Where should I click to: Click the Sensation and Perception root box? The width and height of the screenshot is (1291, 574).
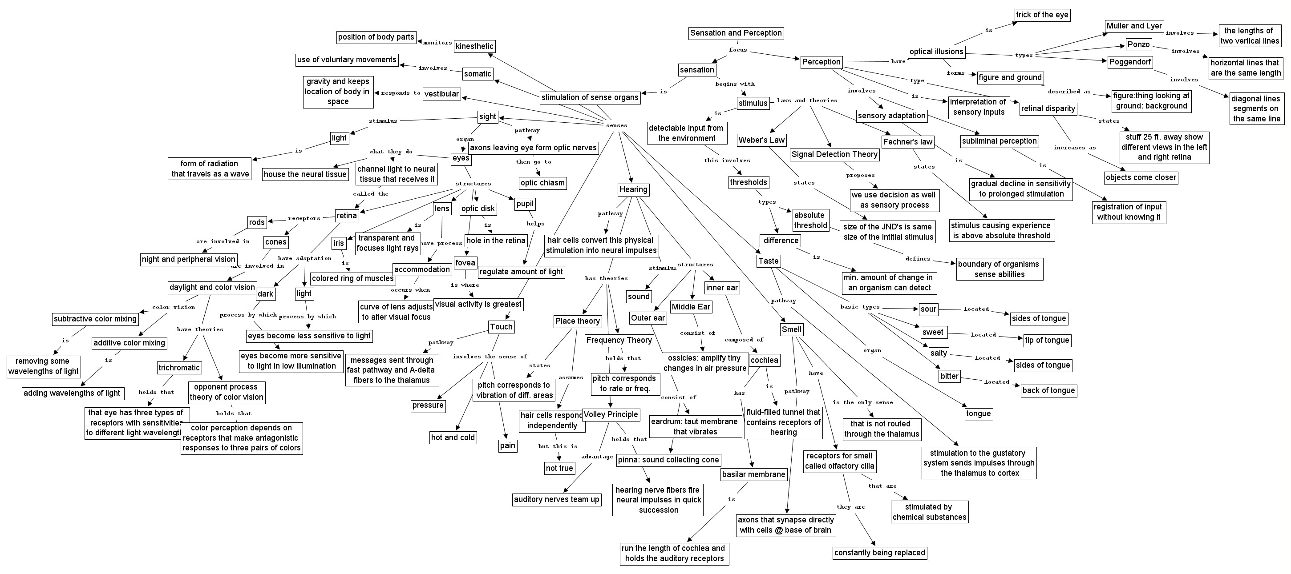[x=736, y=33]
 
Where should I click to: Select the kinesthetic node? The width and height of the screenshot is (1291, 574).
[x=474, y=47]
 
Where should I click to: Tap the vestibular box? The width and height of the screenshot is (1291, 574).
[x=441, y=94]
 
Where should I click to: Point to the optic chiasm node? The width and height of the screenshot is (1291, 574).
[x=542, y=183]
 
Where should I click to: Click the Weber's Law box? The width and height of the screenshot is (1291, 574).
[x=761, y=140]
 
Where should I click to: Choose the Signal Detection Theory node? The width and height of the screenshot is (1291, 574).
[x=834, y=154]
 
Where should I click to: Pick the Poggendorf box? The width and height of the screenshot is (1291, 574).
[x=1130, y=62]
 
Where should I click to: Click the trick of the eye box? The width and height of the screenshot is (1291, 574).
[x=1042, y=15]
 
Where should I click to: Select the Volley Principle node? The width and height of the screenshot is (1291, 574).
[x=611, y=415]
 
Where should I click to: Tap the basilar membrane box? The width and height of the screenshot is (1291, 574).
[x=753, y=474]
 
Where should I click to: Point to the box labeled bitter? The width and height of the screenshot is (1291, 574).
[x=949, y=376]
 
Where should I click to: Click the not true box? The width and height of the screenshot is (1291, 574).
[x=559, y=468]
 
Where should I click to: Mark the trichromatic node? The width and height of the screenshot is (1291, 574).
[x=179, y=368]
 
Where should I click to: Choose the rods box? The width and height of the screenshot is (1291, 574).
[x=257, y=222]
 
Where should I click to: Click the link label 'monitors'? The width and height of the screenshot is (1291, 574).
[x=437, y=43]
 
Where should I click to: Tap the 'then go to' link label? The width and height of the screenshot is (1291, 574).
[x=533, y=162]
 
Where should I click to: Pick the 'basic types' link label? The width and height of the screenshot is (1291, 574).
[x=859, y=306]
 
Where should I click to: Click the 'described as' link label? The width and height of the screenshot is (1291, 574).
[x=1069, y=92]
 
